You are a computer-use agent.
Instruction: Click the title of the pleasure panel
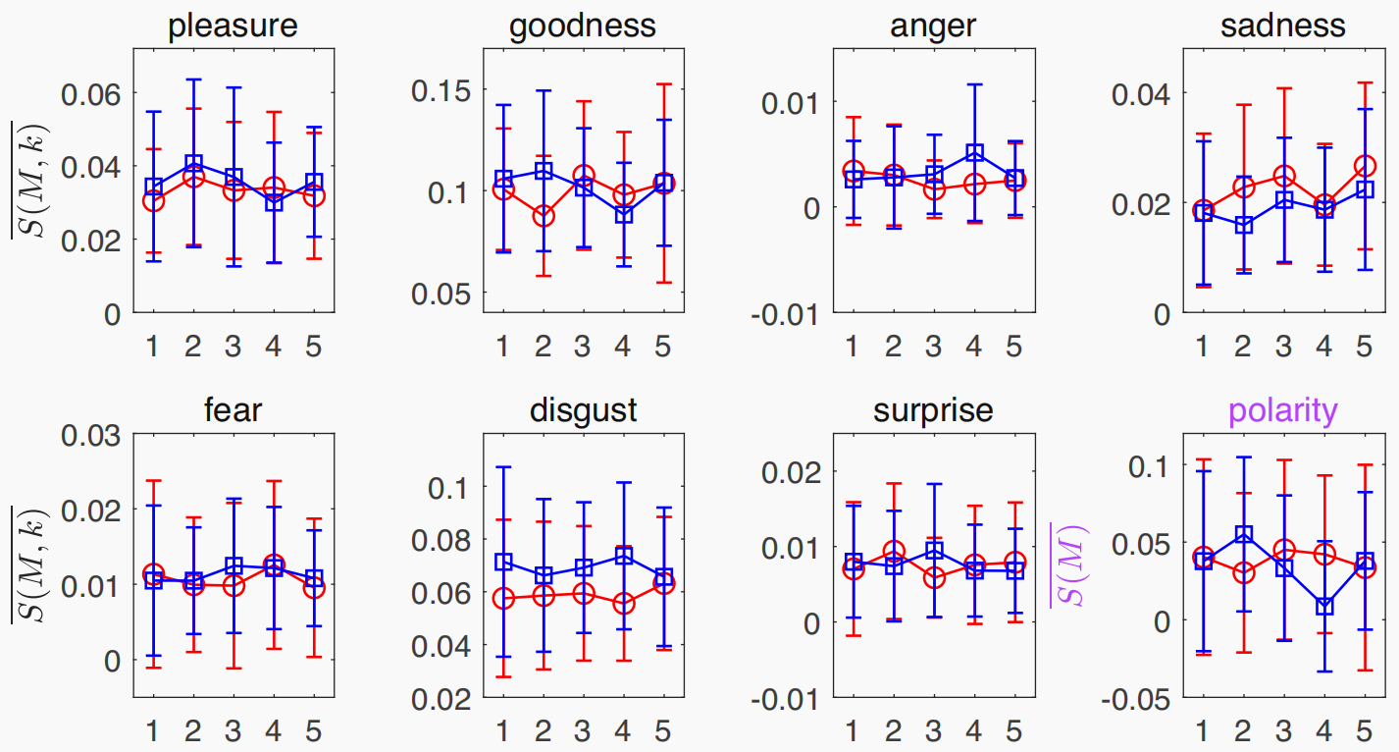[233, 27]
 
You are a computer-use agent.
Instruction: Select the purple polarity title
[1283, 409]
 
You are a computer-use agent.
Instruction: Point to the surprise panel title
[933, 409]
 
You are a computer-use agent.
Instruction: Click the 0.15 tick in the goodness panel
[444, 90]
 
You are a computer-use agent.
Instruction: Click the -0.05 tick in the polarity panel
[1136, 698]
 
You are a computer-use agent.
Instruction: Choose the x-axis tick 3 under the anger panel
[933, 347]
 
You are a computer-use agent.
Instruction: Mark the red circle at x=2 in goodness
[543, 216]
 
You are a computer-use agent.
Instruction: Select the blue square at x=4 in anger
[973, 153]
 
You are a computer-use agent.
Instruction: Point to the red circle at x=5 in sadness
[1363, 166]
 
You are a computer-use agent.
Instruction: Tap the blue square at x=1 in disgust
[503, 563]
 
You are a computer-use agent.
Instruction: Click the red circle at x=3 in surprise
[934, 577]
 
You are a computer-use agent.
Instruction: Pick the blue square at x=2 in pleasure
[193, 163]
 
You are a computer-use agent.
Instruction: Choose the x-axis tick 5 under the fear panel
[314, 730]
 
